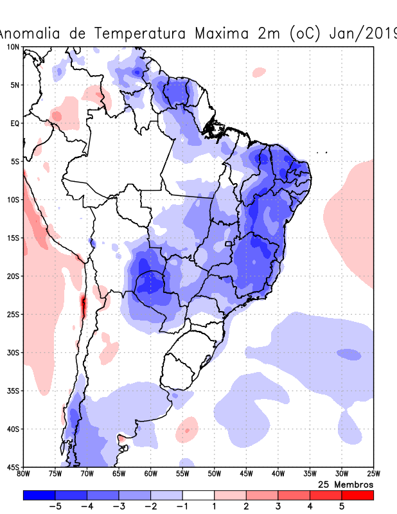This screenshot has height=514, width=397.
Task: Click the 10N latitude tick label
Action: click(13, 47)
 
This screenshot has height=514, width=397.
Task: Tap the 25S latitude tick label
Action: click(13, 314)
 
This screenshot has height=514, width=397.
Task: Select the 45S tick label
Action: click(13, 467)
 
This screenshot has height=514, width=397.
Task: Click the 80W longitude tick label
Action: click(24, 475)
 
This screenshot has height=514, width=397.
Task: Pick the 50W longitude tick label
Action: click(215, 475)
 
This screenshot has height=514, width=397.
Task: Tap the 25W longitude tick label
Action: click(373, 475)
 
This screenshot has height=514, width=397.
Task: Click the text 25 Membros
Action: click(346, 484)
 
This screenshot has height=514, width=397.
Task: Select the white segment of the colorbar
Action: click(198, 495)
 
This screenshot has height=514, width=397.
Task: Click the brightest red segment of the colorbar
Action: click(357, 495)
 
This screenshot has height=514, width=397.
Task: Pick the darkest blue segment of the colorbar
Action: click(39, 495)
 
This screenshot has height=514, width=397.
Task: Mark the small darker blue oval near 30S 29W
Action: click(349, 354)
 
